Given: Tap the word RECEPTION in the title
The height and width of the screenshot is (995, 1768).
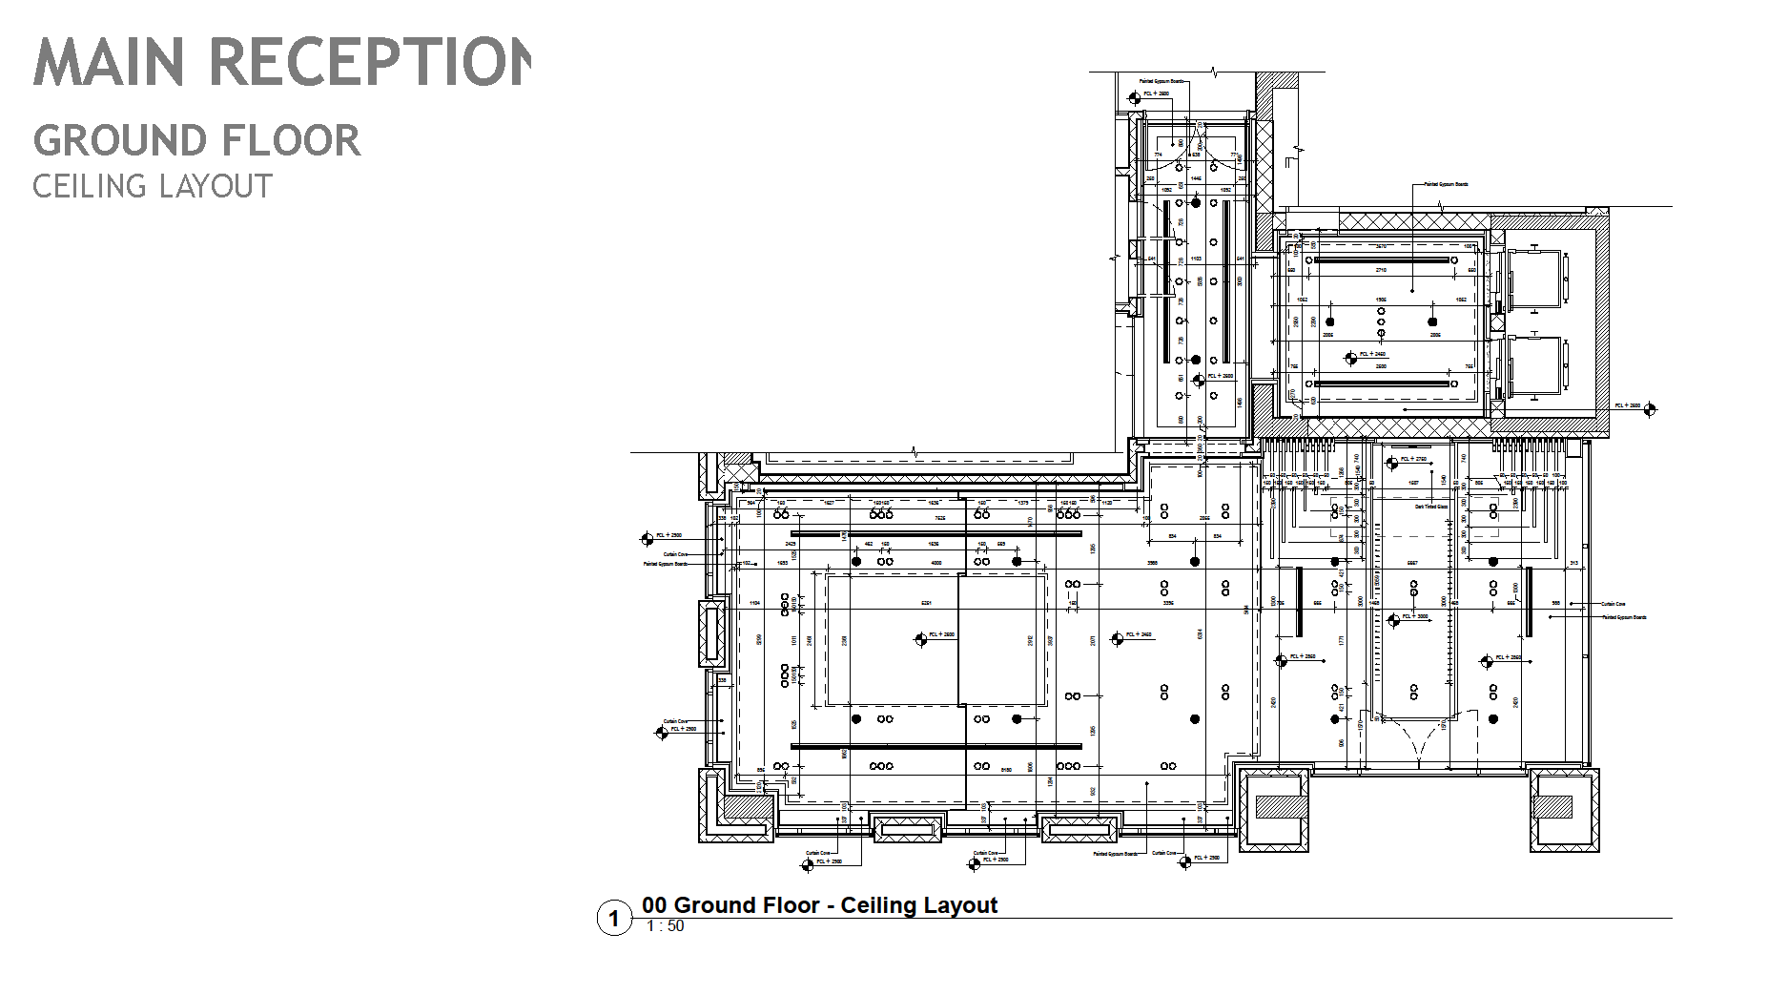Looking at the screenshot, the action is pyautogui.click(x=368, y=62).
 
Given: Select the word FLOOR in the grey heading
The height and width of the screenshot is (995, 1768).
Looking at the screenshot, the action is pyautogui.click(x=298, y=141).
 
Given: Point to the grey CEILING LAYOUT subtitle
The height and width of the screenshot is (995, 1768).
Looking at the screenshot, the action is pyautogui.click(x=153, y=186).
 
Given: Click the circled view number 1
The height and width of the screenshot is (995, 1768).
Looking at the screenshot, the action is pyautogui.click(x=614, y=918).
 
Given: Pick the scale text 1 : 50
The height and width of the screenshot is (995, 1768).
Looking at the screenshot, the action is pyautogui.click(x=665, y=926).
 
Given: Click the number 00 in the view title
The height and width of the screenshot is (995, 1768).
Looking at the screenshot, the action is pyautogui.click(x=655, y=905).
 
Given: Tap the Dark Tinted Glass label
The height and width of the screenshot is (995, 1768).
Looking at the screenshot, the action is pyautogui.click(x=1431, y=508).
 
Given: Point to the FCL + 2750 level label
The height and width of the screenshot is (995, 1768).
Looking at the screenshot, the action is pyautogui.click(x=1413, y=460).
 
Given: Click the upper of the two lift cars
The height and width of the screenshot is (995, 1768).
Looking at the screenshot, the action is pyautogui.click(x=1533, y=279).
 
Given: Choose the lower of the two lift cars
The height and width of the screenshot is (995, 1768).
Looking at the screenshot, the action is pyautogui.click(x=1533, y=366).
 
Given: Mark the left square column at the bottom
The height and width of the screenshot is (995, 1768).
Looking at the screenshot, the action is pyautogui.click(x=1273, y=808).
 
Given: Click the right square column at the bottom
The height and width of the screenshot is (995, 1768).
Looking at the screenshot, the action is pyautogui.click(x=1564, y=808).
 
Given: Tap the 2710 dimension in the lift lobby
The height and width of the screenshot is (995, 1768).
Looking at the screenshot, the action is pyautogui.click(x=1380, y=270).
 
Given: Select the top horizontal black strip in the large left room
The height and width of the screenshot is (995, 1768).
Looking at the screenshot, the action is pyautogui.click(x=935, y=534).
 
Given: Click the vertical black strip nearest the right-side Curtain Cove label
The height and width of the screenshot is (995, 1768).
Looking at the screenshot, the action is pyautogui.click(x=1530, y=601).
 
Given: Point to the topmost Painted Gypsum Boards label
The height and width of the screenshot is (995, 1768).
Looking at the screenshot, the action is pyautogui.click(x=1162, y=82).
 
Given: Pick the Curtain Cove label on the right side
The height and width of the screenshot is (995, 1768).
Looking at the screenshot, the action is pyautogui.click(x=1614, y=604).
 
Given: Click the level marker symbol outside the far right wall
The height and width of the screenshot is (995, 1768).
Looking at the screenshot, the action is pyautogui.click(x=1650, y=409).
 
